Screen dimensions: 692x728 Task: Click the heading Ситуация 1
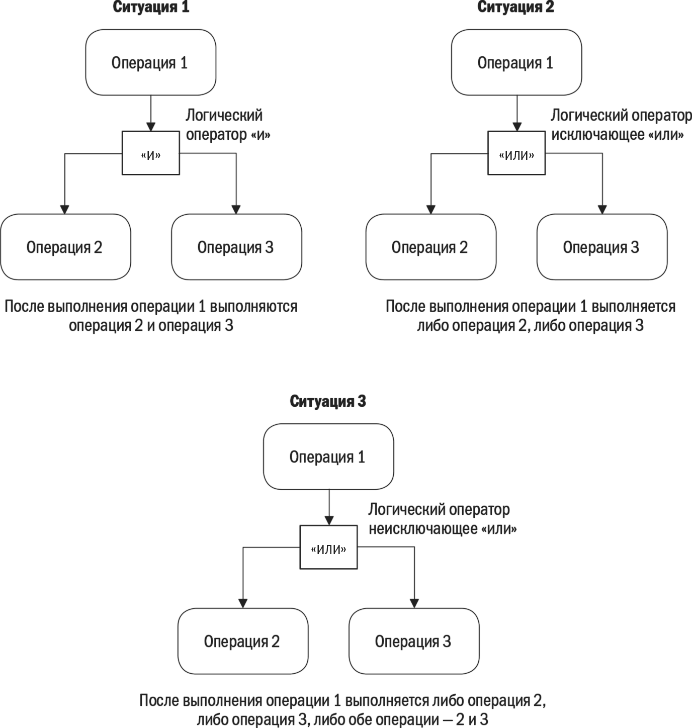pos(151,8)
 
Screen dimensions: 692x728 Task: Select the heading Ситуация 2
pos(515,8)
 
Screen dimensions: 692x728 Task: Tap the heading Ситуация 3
pos(328,401)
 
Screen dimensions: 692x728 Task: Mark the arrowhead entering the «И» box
pos(151,127)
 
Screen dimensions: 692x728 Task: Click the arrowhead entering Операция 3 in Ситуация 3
pos(414,604)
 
